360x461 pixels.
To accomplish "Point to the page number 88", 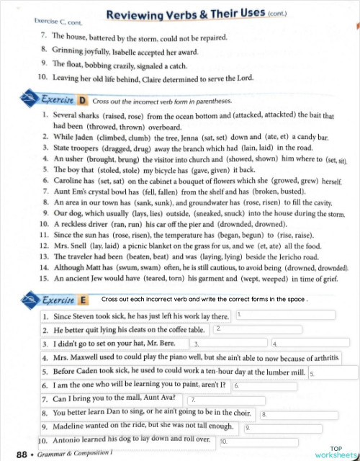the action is click(21, 454).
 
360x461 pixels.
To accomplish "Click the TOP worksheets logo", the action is click(336, 452).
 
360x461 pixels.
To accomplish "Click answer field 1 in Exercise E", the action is click(284, 315).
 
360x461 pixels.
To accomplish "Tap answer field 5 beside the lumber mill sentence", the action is click(332, 373).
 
